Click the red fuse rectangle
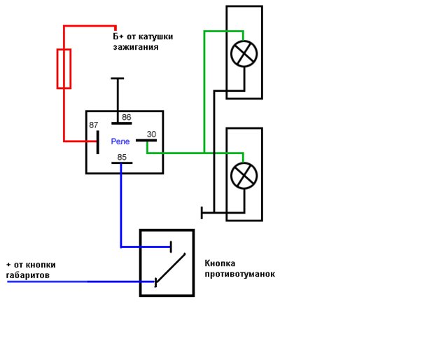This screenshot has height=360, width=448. [x=64, y=69]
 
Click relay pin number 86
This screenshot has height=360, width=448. [x=127, y=118]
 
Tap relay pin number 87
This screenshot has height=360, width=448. [x=93, y=125]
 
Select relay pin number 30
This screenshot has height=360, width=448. [x=151, y=134]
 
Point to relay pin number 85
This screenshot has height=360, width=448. [x=122, y=157]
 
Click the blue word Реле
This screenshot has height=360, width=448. [x=120, y=141]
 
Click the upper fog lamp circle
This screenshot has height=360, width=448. [x=244, y=54]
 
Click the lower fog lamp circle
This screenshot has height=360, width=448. [x=244, y=175]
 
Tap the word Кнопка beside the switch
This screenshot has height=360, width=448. [x=220, y=263]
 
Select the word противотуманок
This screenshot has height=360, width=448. [x=239, y=274]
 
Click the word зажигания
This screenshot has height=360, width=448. [x=135, y=48]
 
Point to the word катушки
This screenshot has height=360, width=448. [x=155, y=36]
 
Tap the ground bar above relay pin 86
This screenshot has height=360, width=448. [x=117, y=78]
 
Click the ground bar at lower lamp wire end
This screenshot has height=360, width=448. [x=202, y=212]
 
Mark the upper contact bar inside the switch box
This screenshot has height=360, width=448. [x=170, y=247]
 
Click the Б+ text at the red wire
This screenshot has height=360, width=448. [x=119, y=36]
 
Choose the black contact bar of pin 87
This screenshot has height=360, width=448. [x=97, y=141]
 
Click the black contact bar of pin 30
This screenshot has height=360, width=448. [x=146, y=140]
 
